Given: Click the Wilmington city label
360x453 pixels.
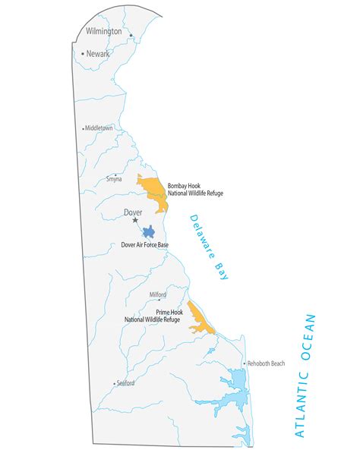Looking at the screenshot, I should click(103, 32).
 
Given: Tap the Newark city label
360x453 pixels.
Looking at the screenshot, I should click(98, 54).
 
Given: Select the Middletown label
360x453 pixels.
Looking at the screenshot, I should click(99, 128).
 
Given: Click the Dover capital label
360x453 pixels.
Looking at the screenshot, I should click(133, 212).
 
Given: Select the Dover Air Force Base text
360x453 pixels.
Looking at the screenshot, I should click(145, 245).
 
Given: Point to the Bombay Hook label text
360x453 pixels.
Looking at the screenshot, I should click(195, 190).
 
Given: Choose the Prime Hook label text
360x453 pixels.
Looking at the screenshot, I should click(153, 316).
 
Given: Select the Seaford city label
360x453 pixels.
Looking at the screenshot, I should click(125, 383).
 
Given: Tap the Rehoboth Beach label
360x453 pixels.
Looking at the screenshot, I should click(267, 363).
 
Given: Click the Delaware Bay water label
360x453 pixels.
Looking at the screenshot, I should click(209, 247).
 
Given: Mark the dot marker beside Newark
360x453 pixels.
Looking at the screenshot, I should click(83, 54).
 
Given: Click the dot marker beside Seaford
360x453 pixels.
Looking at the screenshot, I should click(115, 384).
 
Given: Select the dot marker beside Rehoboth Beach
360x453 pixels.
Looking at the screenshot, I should click(245, 363).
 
